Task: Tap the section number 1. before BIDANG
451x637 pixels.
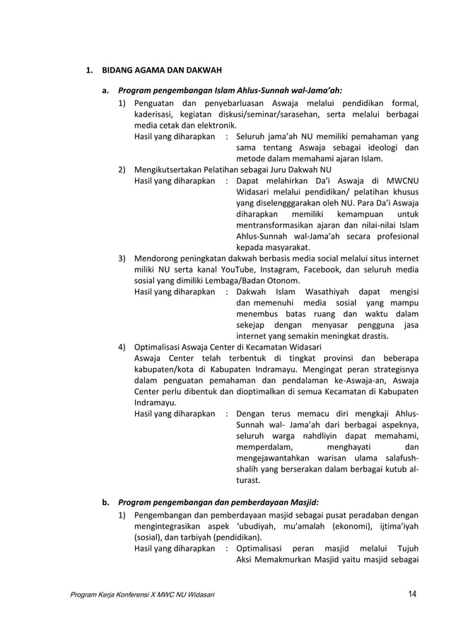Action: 89,71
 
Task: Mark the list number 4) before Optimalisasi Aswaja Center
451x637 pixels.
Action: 122,347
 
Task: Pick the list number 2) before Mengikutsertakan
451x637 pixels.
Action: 122,169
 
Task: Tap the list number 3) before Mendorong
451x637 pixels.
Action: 122,258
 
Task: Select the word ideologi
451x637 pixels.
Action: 382,147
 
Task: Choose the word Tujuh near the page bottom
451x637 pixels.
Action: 407,548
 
